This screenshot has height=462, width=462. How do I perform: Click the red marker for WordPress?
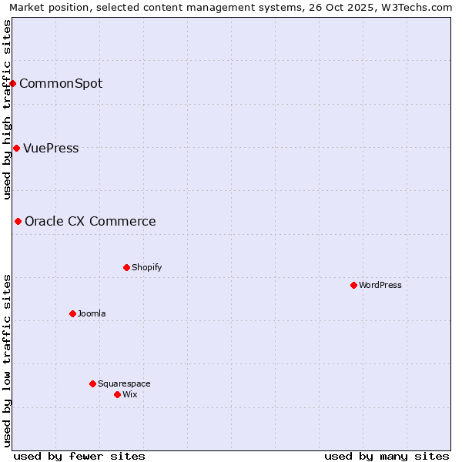click(353, 285)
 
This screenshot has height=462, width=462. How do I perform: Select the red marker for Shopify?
click(126, 267)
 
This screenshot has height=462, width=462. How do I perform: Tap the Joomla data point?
click(72, 313)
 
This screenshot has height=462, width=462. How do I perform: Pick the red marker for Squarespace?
click(92, 383)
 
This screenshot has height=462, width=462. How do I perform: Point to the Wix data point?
click(117, 394)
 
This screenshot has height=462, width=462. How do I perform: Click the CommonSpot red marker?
click(13, 83)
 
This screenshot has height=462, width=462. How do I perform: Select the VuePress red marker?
click(16, 148)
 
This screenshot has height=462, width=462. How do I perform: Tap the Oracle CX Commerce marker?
click(18, 221)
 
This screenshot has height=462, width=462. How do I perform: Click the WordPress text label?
click(380, 285)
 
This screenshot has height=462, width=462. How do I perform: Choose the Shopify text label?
click(147, 267)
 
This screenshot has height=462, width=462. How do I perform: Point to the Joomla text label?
click(92, 313)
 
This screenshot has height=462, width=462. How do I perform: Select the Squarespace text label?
click(124, 383)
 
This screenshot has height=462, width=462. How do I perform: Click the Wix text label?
click(130, 394)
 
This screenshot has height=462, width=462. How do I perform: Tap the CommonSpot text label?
click(61, 83)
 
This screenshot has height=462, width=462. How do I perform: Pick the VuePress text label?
click(51, 148)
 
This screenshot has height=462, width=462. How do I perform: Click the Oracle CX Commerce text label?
click(90, 221)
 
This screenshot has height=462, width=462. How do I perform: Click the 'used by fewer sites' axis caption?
click(79, 456)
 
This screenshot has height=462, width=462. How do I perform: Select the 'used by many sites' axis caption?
click(387, 456)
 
